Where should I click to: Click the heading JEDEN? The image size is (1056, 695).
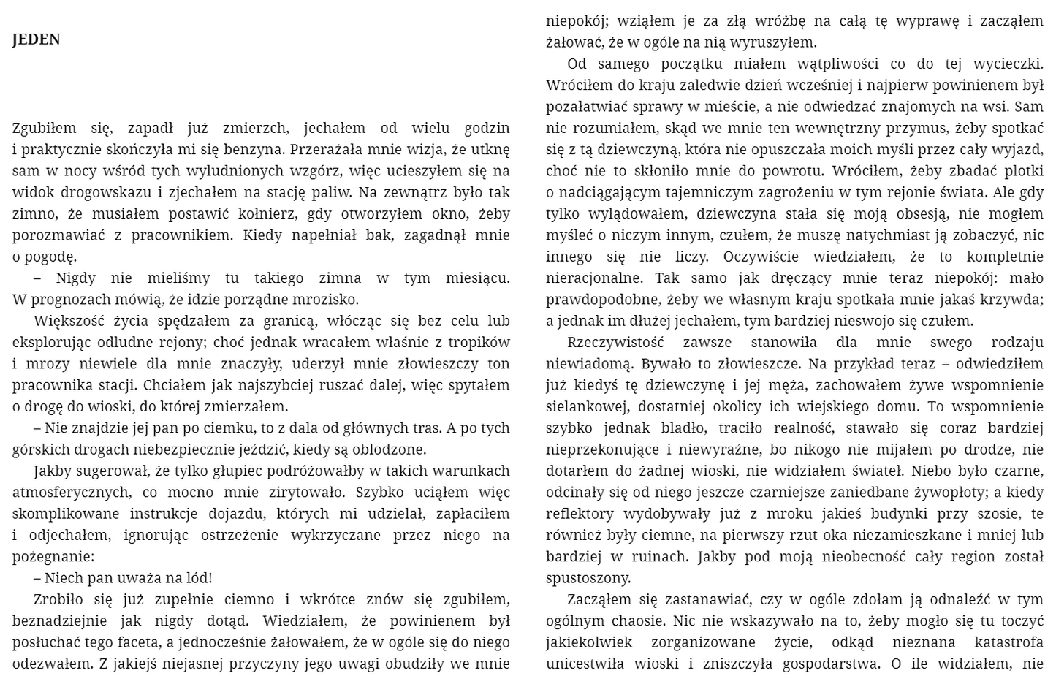tap(36, 40)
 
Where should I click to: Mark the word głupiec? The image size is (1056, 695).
tap(258, 471)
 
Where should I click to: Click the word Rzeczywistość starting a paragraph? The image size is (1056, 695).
tap(615, 343)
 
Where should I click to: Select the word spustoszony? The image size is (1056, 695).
tap(588, 578)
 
